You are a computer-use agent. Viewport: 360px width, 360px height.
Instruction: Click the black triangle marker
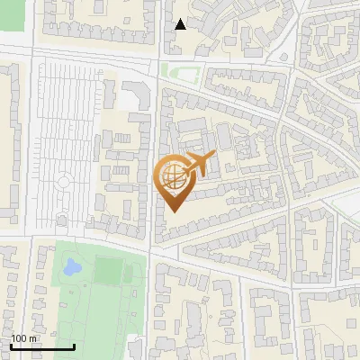(181, 23)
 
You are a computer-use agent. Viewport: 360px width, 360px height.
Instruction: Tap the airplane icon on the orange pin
(197, 165)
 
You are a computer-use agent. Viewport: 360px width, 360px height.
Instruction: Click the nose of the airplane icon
(212, 156)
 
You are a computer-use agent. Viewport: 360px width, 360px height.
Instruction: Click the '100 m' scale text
(24, 338)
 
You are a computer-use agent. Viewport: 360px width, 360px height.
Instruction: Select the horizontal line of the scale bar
(42, 347)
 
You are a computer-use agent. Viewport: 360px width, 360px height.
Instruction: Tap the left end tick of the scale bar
(11, 346)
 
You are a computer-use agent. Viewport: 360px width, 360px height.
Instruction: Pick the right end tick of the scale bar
(74, 346)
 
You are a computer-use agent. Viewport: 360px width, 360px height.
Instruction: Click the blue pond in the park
(70, 267)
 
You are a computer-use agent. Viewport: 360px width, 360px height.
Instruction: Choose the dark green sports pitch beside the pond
(108, 269)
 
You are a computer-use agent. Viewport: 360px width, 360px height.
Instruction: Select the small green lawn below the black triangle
(181, 72)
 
